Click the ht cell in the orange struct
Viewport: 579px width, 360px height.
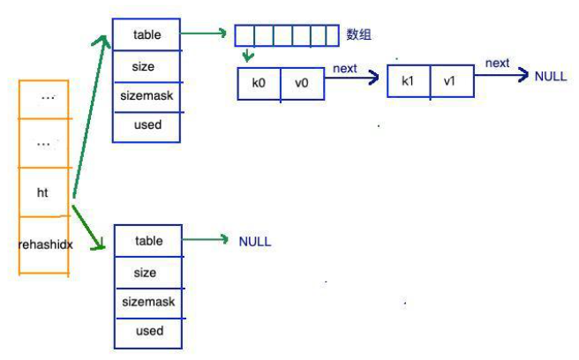click(43, 192)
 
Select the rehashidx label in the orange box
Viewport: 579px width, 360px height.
click(45, 244)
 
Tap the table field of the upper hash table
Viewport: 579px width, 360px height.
click(147, 34)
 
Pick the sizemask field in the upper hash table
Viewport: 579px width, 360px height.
click(147, 96)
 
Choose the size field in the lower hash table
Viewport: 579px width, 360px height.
click(148, 273)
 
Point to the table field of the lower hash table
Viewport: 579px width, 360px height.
click(148, 241)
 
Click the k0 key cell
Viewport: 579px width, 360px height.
click(259, 84)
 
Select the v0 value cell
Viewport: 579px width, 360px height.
click(303, 84)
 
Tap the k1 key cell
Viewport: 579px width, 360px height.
click(409, 81)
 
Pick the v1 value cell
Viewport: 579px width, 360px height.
click(452, 81)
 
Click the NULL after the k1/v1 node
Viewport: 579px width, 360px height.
click(551, 77)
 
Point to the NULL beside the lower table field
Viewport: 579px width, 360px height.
click(255, 242)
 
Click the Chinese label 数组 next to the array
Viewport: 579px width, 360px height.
click(358, 34)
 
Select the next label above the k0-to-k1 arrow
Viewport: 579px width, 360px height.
click(345, 69)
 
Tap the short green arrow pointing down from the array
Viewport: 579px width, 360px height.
click(247, 54)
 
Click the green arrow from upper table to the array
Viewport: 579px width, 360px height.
click(203, 34)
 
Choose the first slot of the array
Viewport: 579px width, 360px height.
click(244, 35)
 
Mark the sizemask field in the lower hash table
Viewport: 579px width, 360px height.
click(148, 303)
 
